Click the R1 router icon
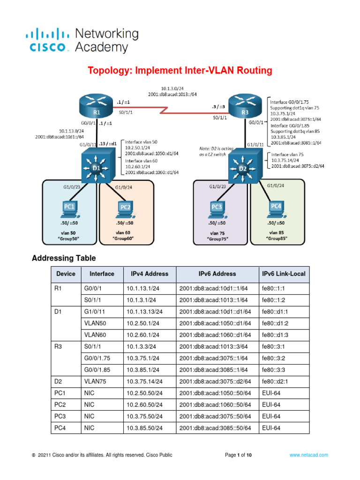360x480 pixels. click(x=97, y=107)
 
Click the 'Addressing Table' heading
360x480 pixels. click(x=63, y=258)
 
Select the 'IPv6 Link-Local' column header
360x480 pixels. click(x=284, y=274)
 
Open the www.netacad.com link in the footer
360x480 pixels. click(x=308, y=455)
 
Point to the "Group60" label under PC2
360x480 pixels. click(x=124, y=239)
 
